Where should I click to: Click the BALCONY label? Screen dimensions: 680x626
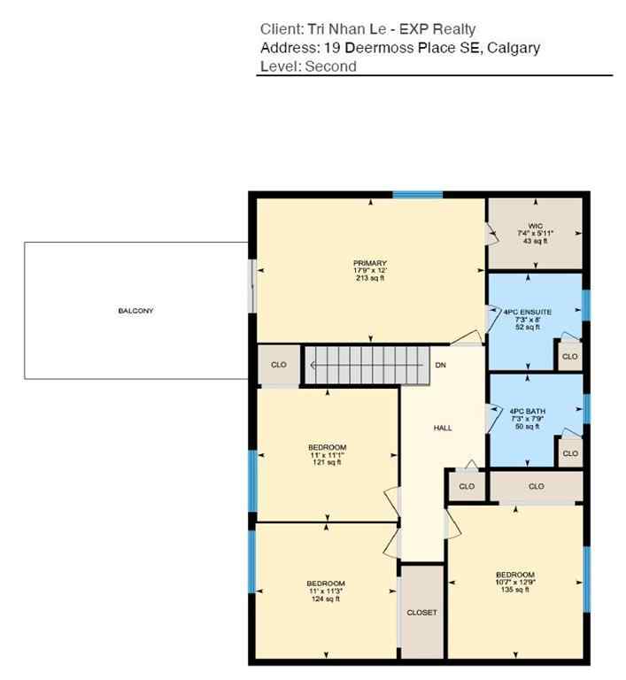tap(135, 311)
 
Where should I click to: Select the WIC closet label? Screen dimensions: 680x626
tap(534, 227)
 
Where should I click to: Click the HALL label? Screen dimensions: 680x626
tap(443, 428)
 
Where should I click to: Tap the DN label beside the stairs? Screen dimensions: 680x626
tap(440, 365)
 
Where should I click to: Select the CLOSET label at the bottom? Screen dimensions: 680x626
tap(421, 613)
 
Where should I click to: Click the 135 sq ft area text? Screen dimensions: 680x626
tap(514, 589)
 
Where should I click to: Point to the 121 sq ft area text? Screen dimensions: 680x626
tap(327, 462)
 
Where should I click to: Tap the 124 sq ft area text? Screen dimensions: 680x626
tap(325, 599)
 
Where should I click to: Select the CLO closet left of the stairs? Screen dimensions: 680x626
tap(279, 365)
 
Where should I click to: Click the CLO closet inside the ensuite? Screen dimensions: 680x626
tap(569, 357)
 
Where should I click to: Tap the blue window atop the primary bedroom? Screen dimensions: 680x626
tap(417, 195)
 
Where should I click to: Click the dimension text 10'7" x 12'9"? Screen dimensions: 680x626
tap(514, 581)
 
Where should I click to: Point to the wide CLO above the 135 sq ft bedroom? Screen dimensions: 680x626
tap(536, 486)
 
